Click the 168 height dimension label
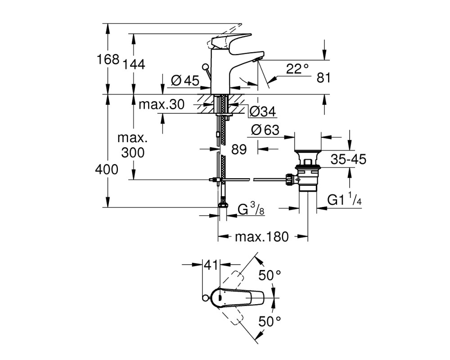tap(108, 59)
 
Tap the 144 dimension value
tap(134, 65)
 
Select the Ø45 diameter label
tap(185, 81)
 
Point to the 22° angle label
tap(297, 69)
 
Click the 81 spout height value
tap(324, 78)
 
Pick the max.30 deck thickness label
tap(161, 104)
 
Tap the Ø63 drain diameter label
tap(265, 130)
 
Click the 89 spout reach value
tap(239, 149)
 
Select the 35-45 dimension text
tap(348, 159)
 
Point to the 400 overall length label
tap(107, 170)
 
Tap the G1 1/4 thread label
tap(344, 198)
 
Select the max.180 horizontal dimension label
tap(261, 237)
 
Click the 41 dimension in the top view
tap(211, 265)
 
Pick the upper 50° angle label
tap(270, 275)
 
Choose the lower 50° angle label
tap(270, 321)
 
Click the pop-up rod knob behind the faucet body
tap(206, 68)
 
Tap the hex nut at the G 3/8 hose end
tap(223, 205)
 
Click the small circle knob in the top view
tap(205, 298)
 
